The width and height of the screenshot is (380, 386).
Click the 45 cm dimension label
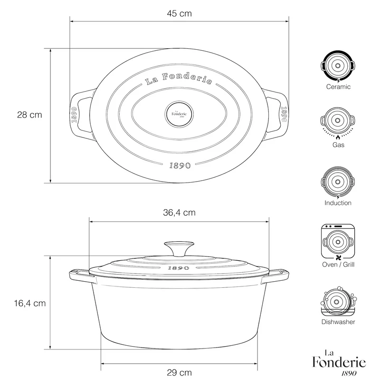179,13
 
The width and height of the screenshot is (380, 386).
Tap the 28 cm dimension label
29,115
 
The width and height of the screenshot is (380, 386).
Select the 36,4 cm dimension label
179,212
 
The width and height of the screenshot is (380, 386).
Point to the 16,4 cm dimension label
30,303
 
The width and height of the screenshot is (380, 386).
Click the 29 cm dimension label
179,372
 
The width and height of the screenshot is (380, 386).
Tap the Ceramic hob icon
338,66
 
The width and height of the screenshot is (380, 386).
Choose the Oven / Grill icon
338,242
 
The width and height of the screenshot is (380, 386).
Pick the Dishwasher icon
338,302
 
